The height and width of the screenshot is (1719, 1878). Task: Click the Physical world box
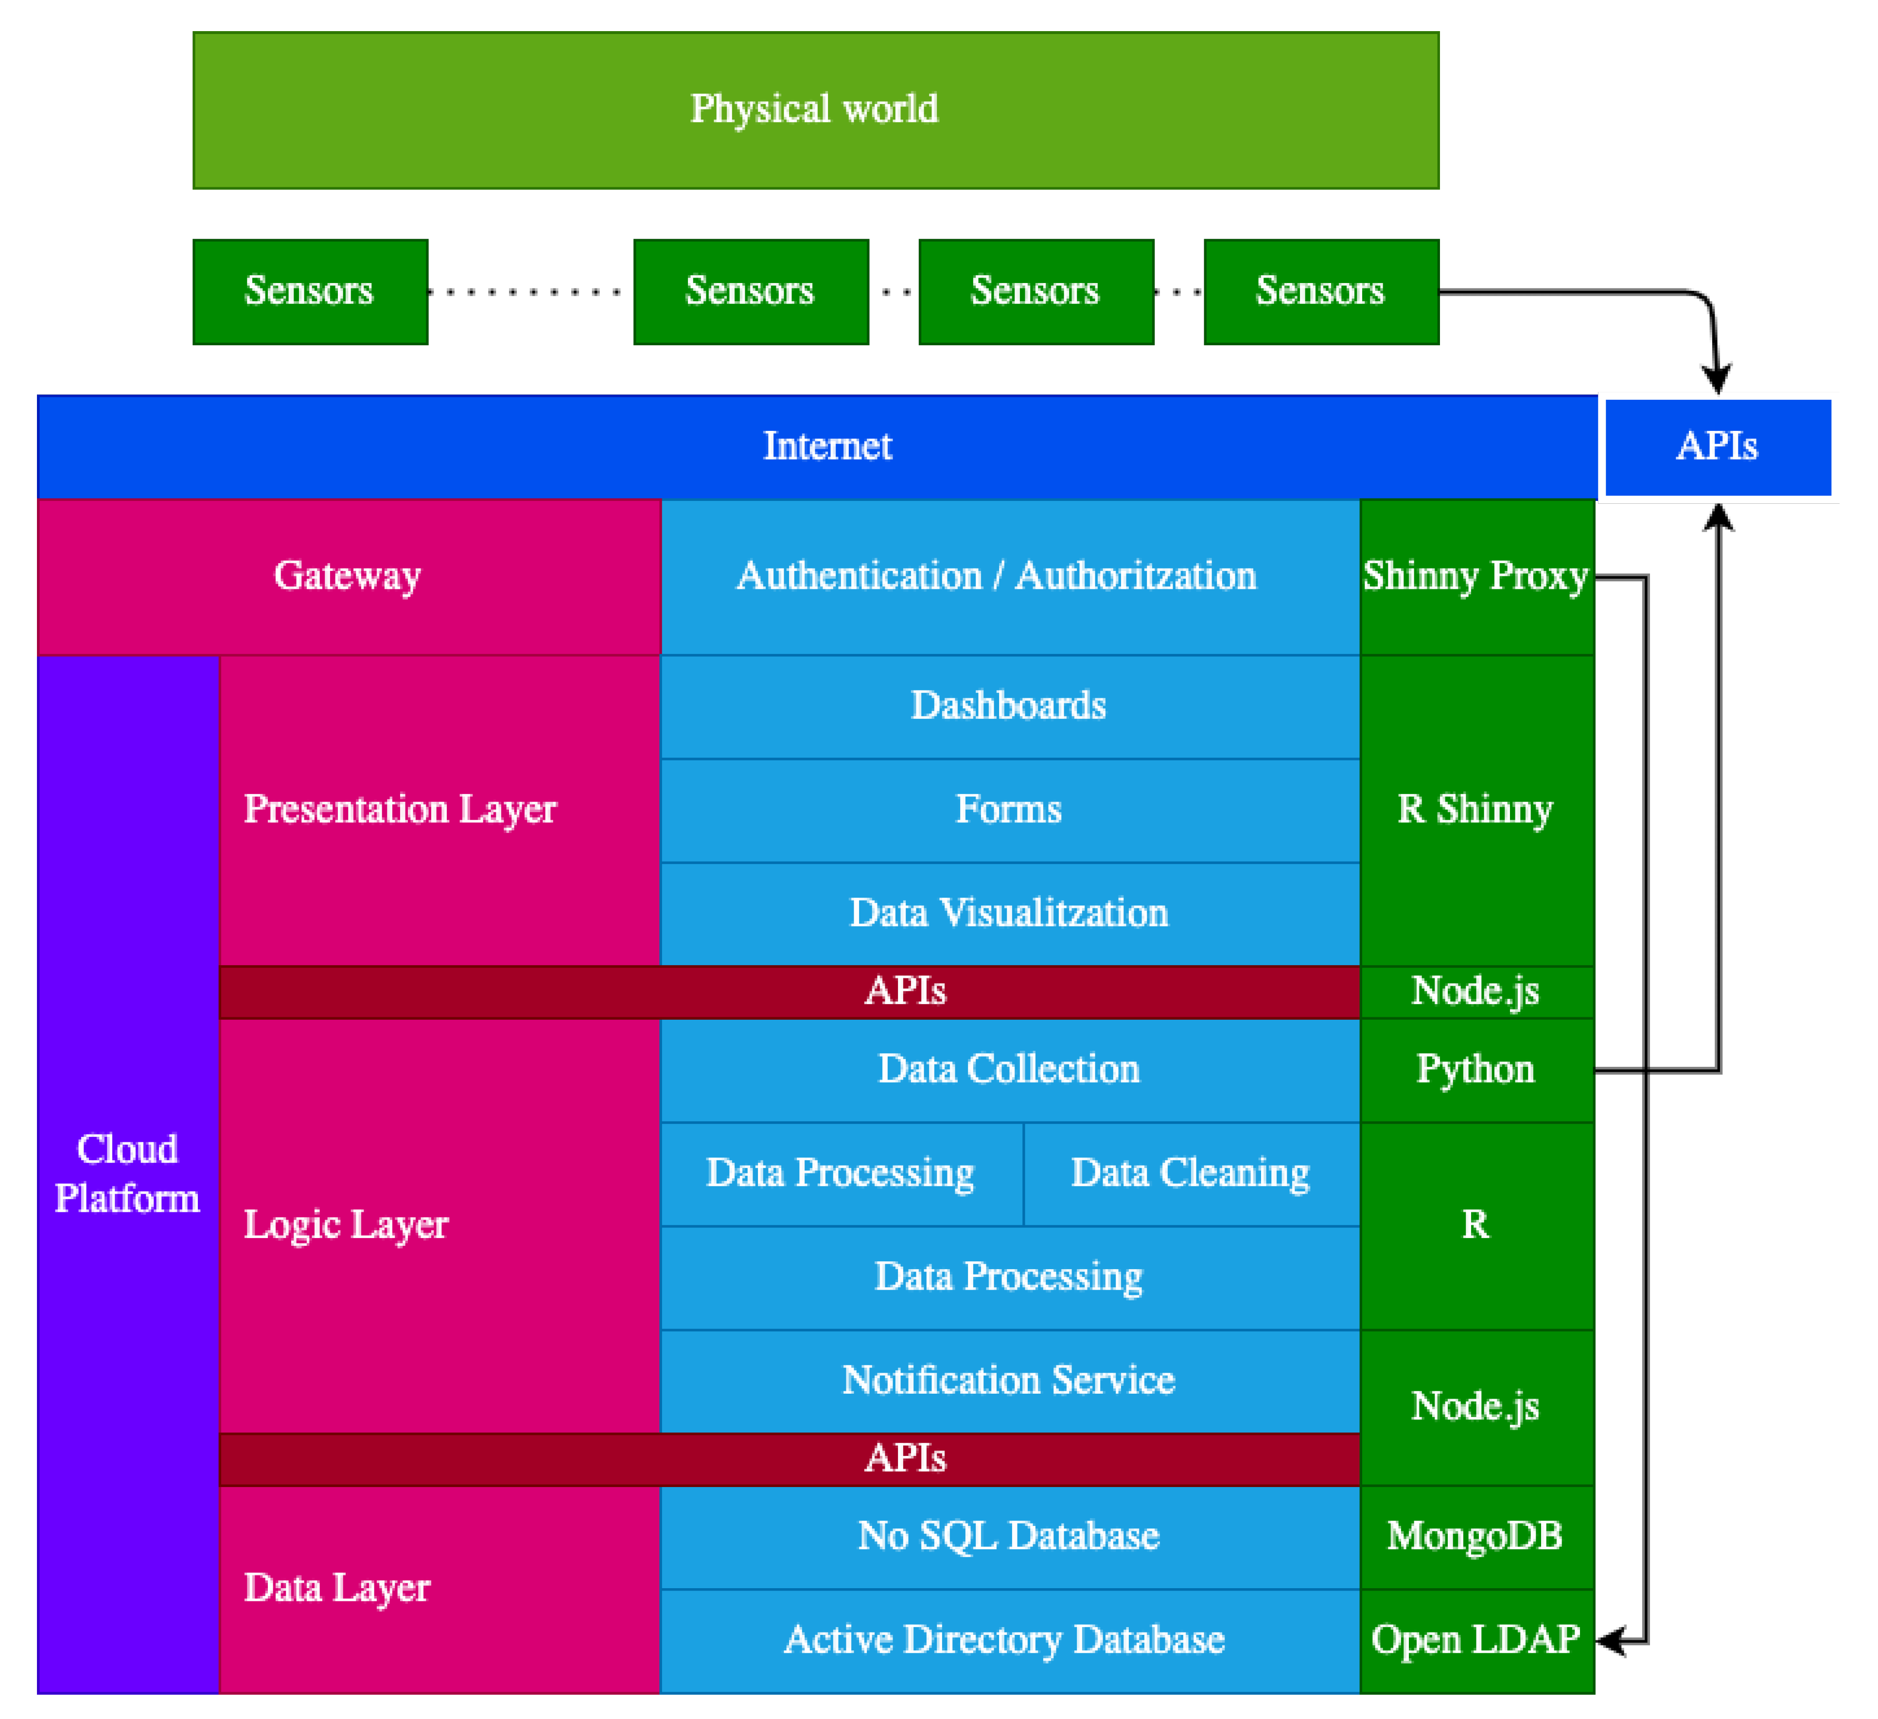click(815, 110)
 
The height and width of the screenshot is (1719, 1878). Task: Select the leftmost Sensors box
click(310, 292)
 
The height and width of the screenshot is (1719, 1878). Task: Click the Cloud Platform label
click(128, 1174)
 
